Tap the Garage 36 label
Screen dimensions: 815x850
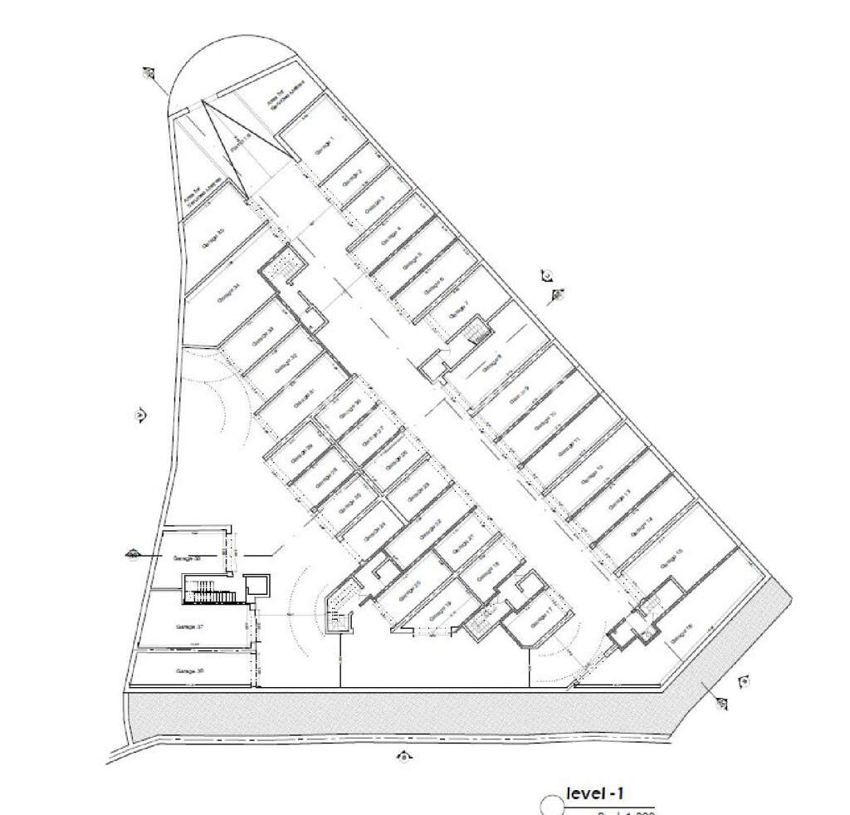190,670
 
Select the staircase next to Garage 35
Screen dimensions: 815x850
285,265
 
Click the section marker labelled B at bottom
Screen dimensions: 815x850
403,756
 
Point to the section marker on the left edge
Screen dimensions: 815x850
140,414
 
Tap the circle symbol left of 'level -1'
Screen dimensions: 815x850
550,805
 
